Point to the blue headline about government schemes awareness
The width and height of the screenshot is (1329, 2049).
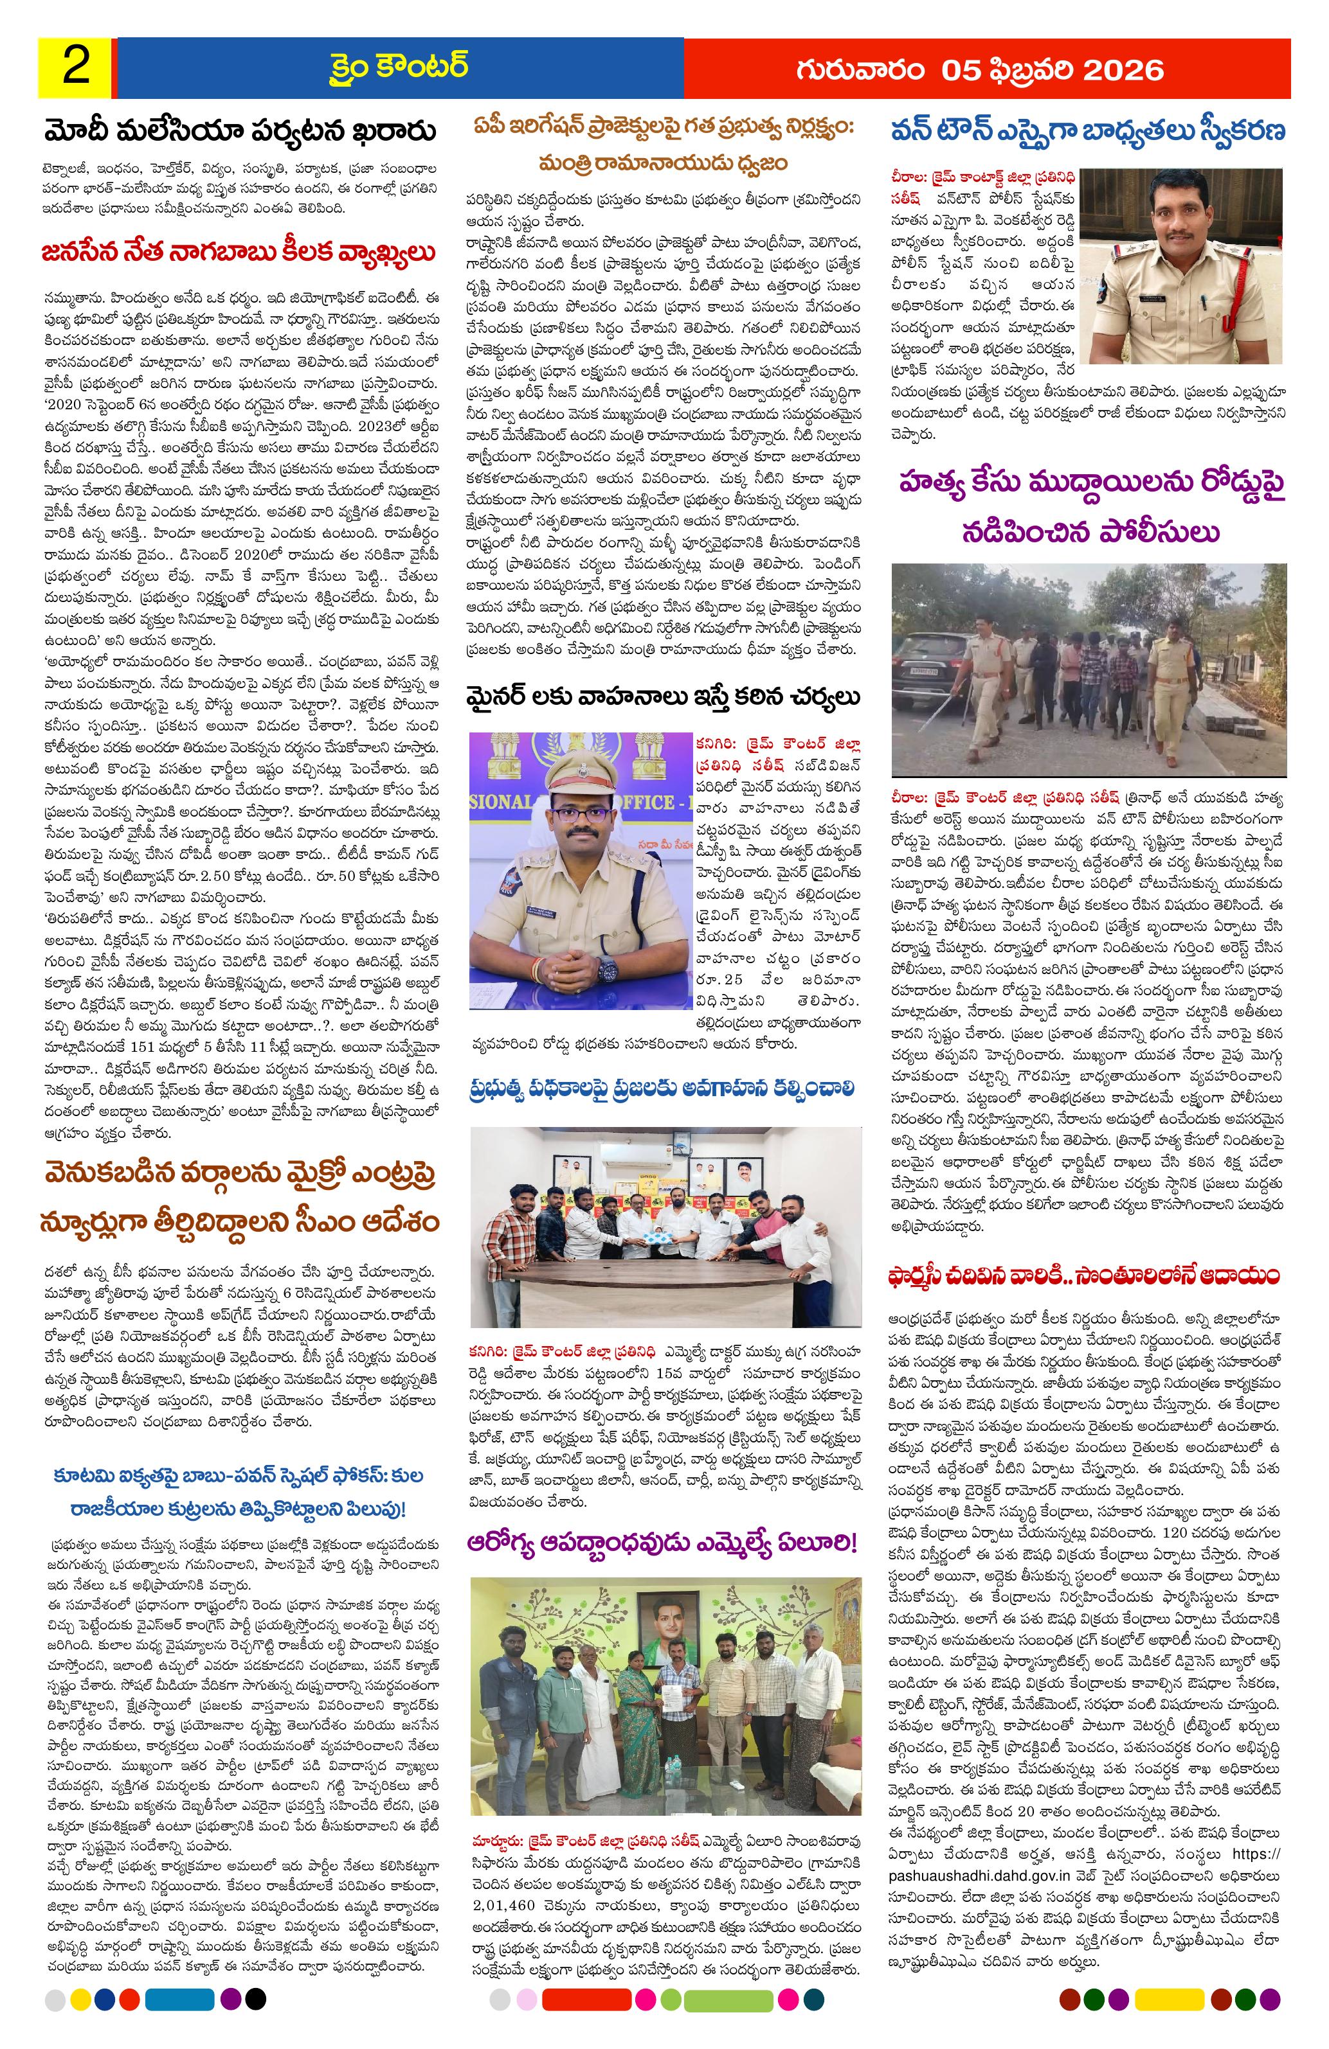[x=662, y=1088]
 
